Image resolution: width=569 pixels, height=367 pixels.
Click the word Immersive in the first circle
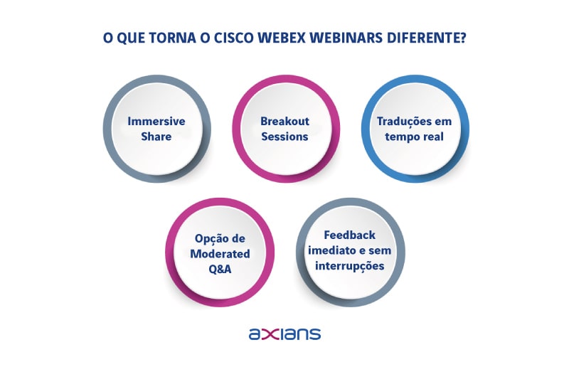[x=156, y=122]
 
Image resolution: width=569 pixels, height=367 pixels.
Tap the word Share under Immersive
[x=156, y=136]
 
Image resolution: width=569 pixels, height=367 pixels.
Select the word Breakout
[x=284, y=122]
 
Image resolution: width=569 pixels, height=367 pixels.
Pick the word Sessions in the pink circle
[x=284, y=136]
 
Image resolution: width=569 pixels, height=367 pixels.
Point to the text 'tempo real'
[x=414, y=136]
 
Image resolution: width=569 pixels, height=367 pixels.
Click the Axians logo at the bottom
[x=284, y=334]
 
